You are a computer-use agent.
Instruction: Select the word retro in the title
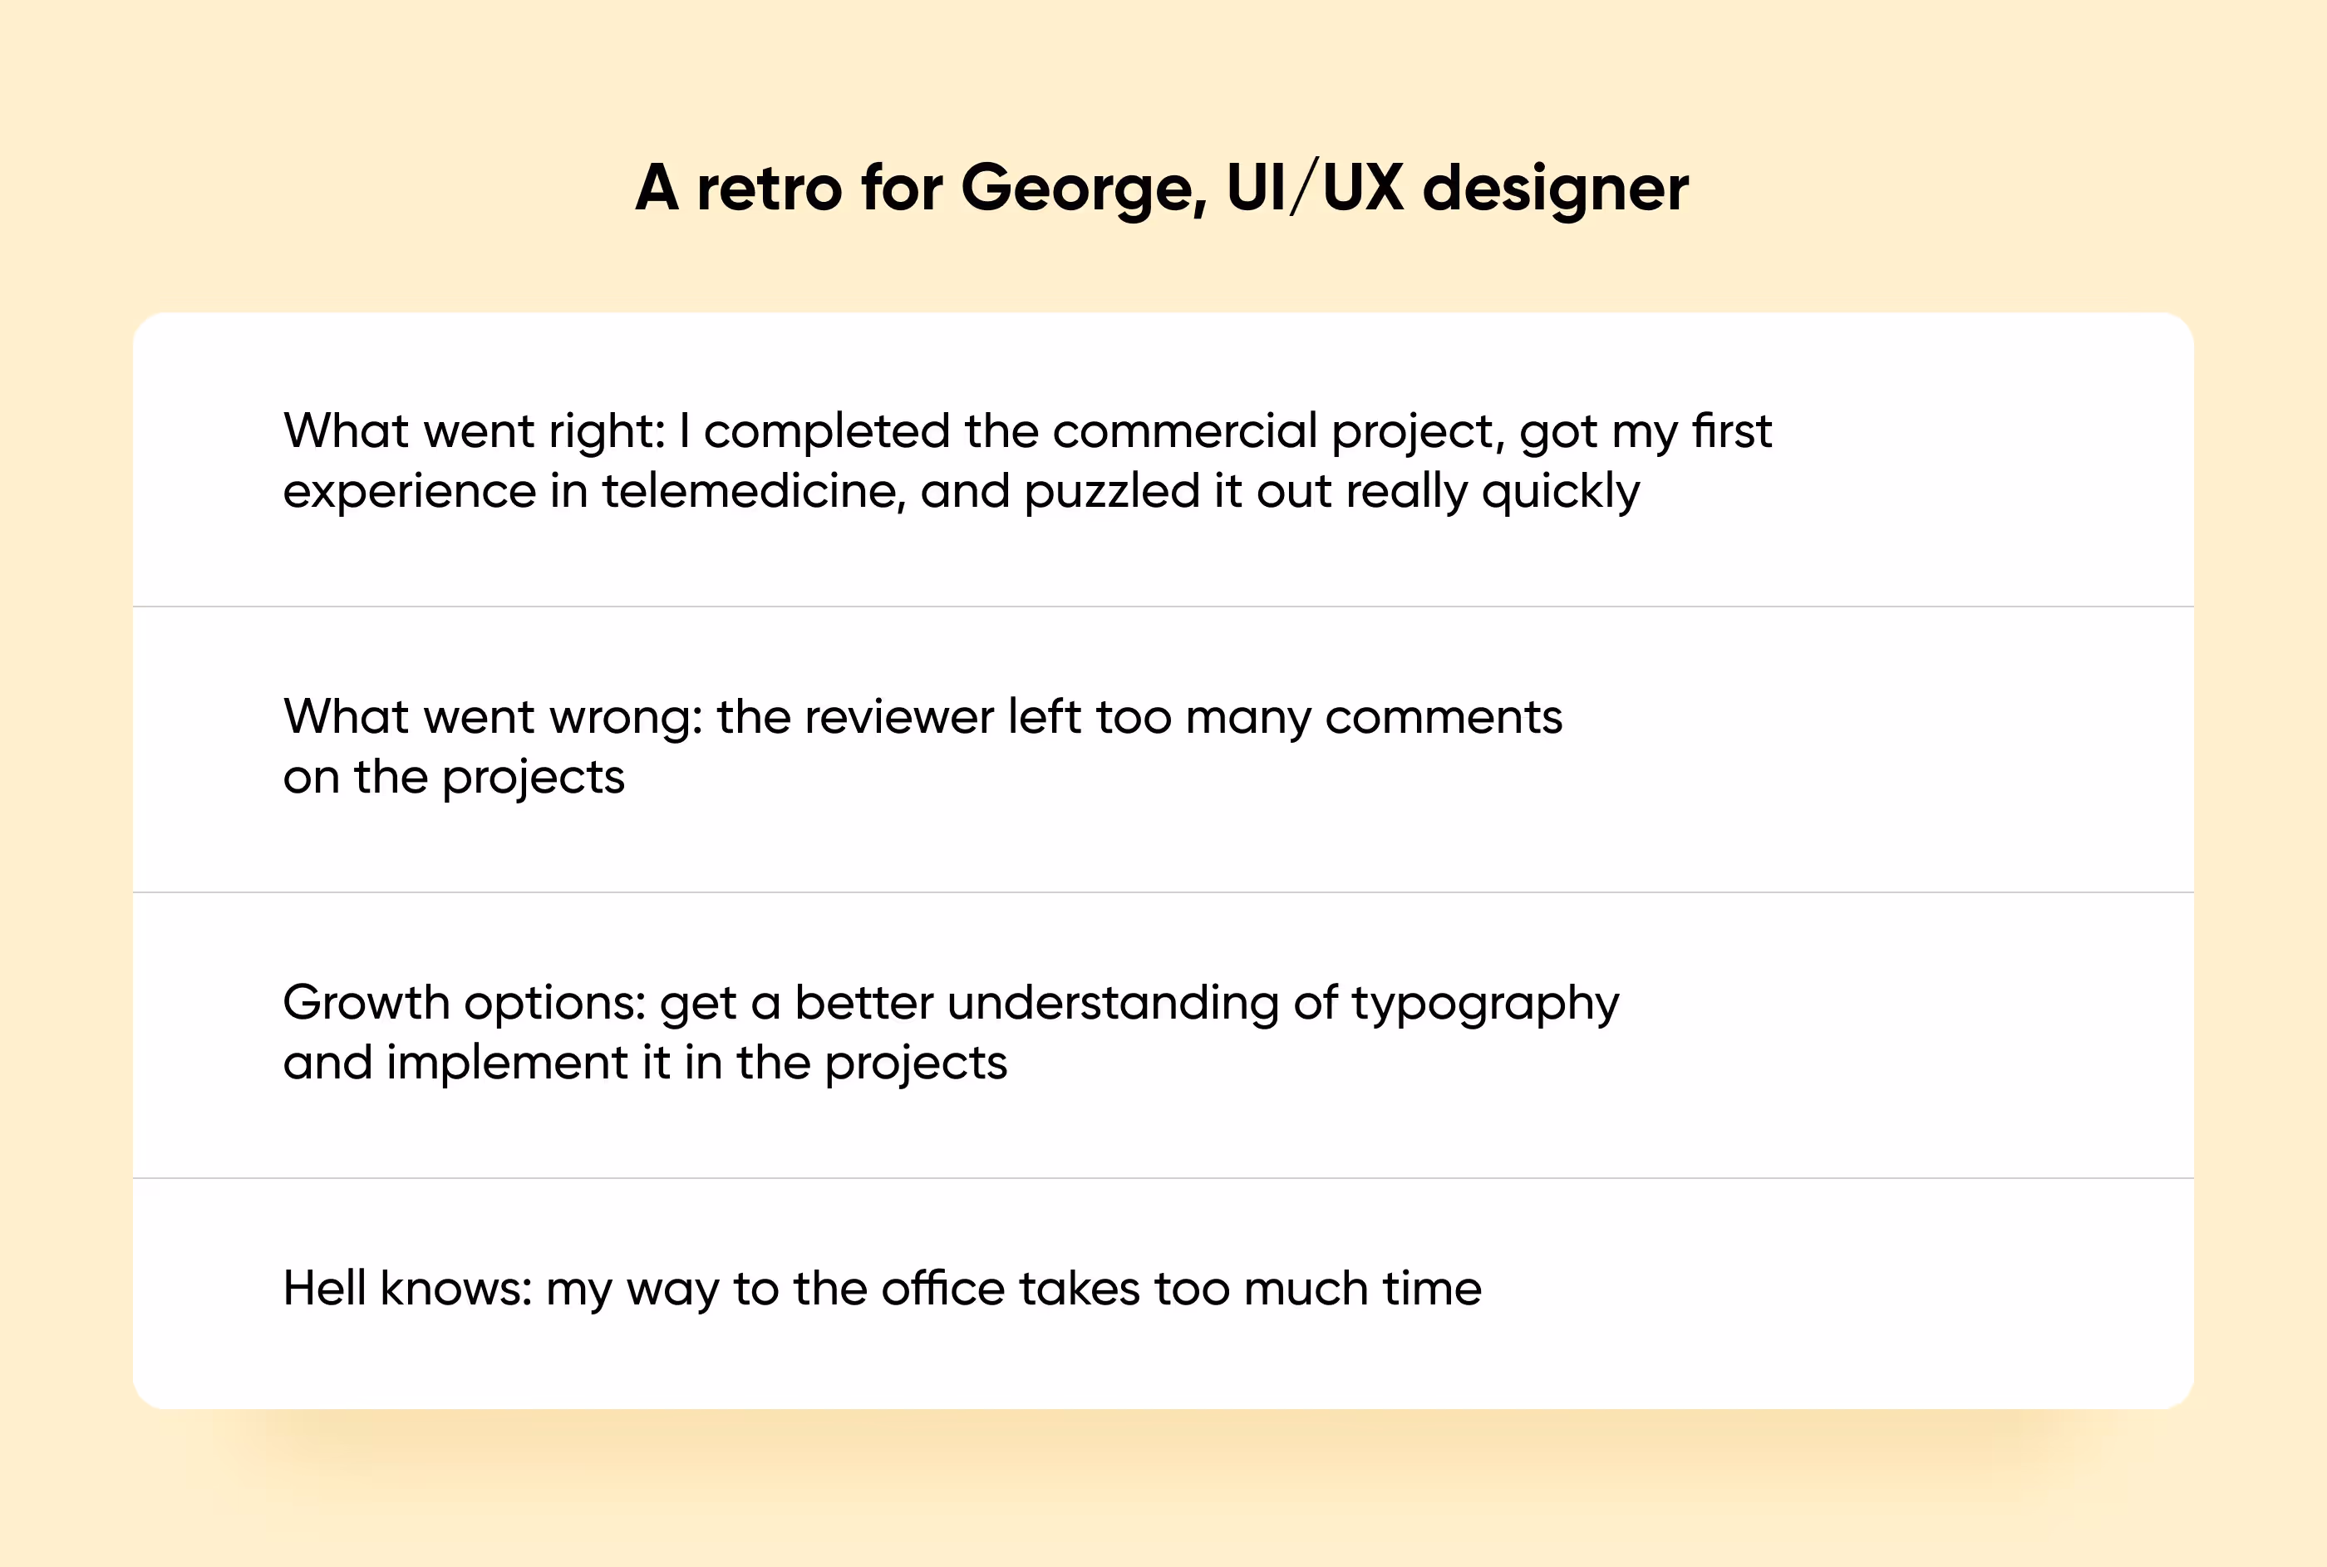769,188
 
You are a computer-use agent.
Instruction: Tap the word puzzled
1111,492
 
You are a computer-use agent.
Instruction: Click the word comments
1444,718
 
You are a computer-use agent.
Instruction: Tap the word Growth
366,1004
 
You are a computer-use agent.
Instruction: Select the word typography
1485,1004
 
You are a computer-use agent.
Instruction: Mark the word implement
508,1063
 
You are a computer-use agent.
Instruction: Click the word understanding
1113,1004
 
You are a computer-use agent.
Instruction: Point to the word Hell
324,1289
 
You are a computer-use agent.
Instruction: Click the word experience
410,492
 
